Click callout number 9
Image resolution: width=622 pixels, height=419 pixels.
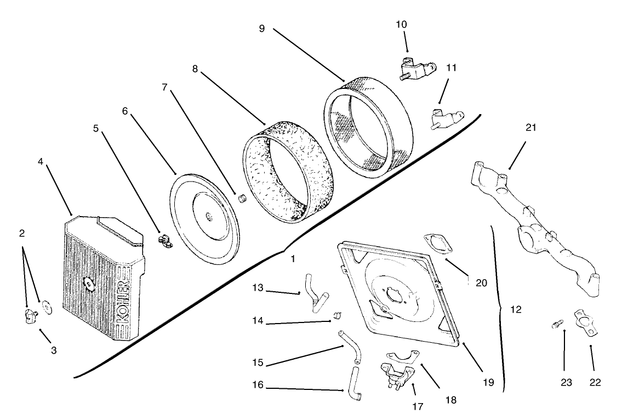[x=262, y=29]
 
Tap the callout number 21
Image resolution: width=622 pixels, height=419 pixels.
[x=531, y=128]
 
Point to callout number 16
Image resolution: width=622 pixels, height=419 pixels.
[x=258, y=386]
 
